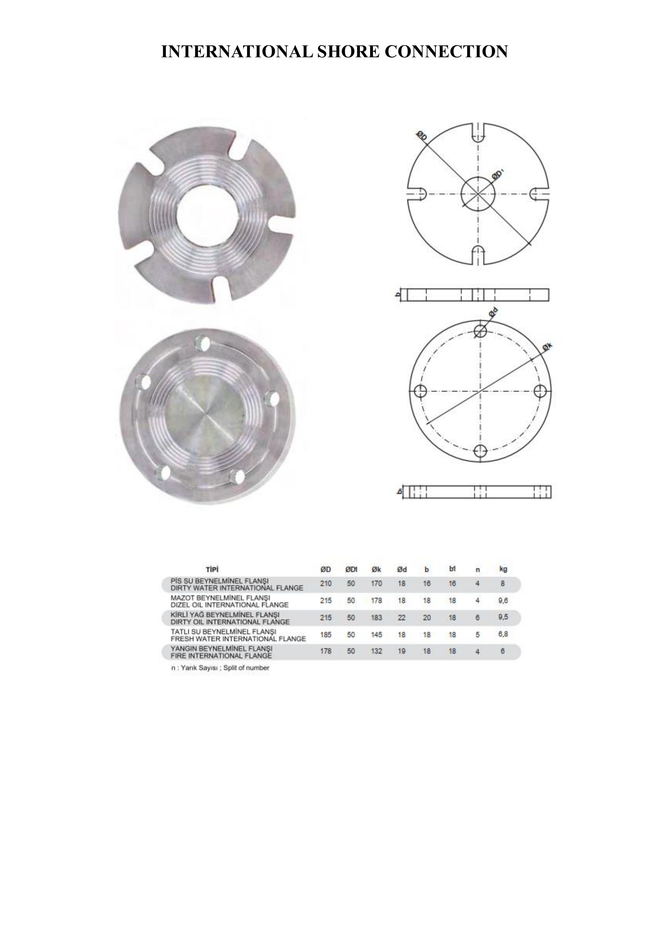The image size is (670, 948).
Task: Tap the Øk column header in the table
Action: [x=376, y=570]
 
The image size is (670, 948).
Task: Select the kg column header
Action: [x=503, y=570]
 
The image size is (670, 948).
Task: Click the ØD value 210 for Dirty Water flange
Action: [x=326, y=584]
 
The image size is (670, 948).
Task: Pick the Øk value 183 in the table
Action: [x=376, y=618]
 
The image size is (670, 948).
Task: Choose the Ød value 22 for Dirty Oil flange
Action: [x=402, y=618]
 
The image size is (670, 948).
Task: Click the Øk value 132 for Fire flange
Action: [x=376, y=651]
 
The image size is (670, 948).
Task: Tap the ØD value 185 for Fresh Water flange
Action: [x=326, y=635]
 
